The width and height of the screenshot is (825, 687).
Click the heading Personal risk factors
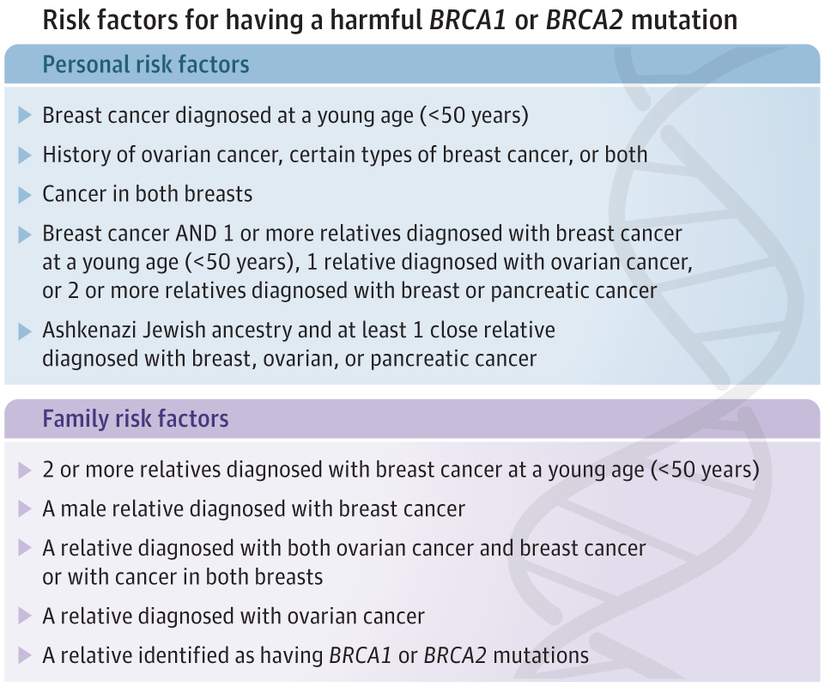coord(146,64)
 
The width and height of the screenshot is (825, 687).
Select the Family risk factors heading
coord(136,419)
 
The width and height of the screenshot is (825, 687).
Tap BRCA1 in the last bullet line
coord(361,655)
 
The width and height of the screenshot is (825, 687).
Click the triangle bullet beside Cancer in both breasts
coord(24,195)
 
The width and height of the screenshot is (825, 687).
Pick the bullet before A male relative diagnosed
coord(24,509)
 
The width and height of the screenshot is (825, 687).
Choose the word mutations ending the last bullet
coord(541,655)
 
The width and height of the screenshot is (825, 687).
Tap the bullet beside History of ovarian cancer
coord(24,155)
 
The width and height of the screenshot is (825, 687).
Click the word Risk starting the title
coord(68,20)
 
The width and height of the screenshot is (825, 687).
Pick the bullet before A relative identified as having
coord(24,656)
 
